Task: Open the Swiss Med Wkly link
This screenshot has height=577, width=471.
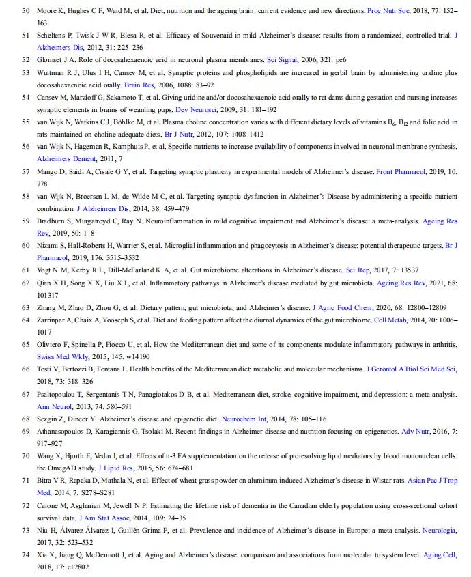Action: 61,356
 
